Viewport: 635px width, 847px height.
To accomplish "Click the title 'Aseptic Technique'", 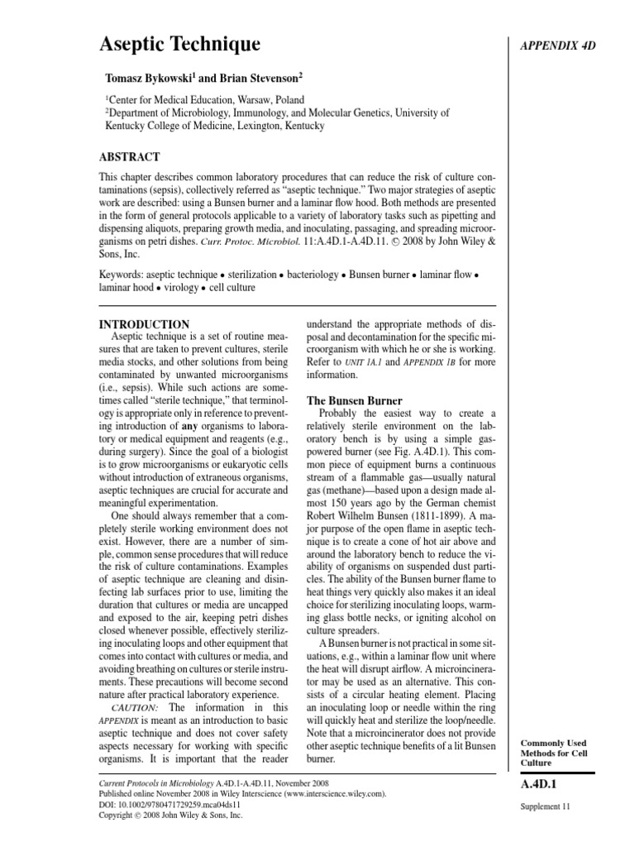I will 179,44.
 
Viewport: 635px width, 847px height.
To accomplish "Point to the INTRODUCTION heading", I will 144,323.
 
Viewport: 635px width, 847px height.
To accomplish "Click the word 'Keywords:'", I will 122,274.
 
